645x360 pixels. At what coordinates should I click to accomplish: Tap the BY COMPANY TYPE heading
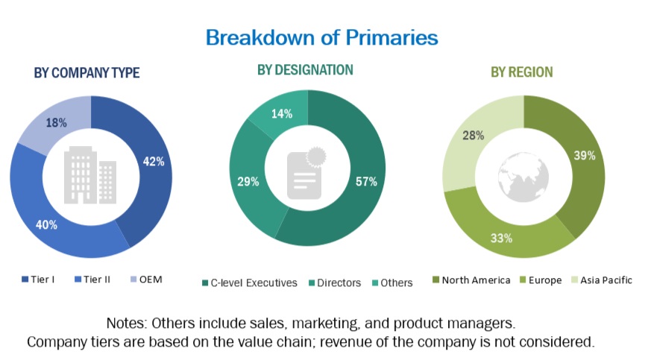click(x=86, y=73)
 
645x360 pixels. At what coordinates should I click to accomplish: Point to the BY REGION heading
click(x=521, y=72)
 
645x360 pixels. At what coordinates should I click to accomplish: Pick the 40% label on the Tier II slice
click(x=46, y=224)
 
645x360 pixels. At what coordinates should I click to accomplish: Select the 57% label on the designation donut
click(x=367, y=181)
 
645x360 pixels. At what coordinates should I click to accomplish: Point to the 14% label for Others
click(x=282, y=114)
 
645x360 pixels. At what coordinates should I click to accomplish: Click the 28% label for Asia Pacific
click(x=473, y=136)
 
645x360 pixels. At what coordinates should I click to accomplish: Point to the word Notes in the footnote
click(x=128, y=324)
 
